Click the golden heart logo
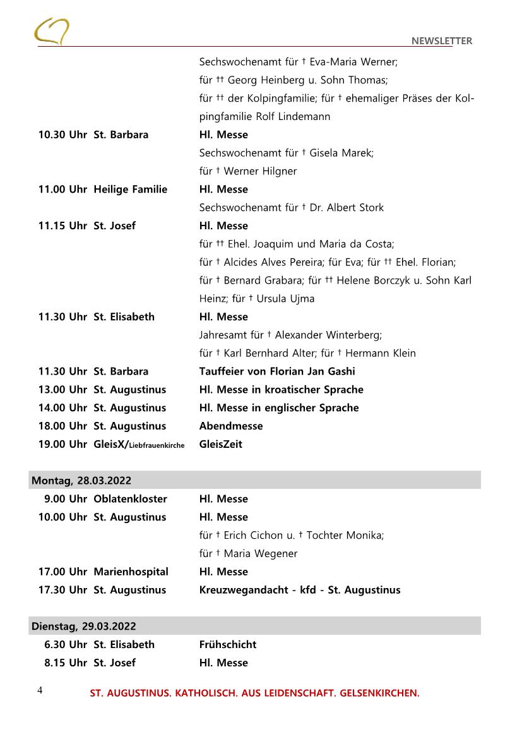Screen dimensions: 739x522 [52, 31]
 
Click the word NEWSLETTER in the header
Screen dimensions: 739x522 [441, 41]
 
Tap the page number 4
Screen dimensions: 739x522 [40, 690]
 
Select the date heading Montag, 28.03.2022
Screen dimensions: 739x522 [81, 481]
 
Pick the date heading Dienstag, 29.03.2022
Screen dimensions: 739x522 [84, 627]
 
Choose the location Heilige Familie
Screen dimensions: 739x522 [131, 189]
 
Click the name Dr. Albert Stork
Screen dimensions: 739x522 [347, 208]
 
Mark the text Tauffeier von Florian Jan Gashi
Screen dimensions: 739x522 [277, 371]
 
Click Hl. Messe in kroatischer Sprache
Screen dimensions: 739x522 [282, 390]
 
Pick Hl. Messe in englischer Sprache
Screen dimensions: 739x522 [279, 408]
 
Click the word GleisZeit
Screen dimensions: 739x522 [221, 445]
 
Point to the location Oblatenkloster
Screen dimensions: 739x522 [130, 499]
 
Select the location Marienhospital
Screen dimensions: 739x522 [131, 572]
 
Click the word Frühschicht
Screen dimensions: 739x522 [228, 645]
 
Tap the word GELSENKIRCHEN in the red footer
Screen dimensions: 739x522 [379, 694]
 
